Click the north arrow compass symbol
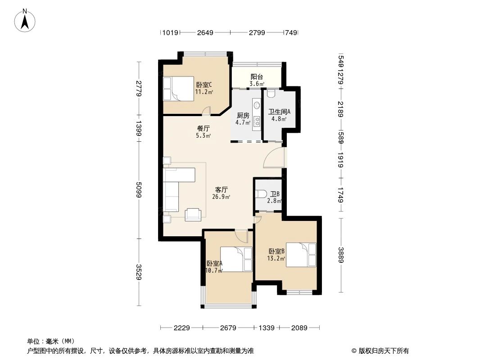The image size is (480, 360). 25,21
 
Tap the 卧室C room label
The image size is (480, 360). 204,85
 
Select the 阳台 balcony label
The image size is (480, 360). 257,77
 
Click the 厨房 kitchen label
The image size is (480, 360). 243,116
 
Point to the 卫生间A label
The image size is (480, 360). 279,112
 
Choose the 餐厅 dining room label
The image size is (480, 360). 203,128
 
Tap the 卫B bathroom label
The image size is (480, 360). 275,194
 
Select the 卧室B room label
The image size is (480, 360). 277,252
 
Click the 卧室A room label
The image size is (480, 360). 214,263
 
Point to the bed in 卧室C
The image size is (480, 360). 178,89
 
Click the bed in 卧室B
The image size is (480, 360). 301,255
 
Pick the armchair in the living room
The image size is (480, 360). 193,214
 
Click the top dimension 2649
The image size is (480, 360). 205,32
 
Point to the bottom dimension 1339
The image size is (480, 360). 266,328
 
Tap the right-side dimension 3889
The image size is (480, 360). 341,255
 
